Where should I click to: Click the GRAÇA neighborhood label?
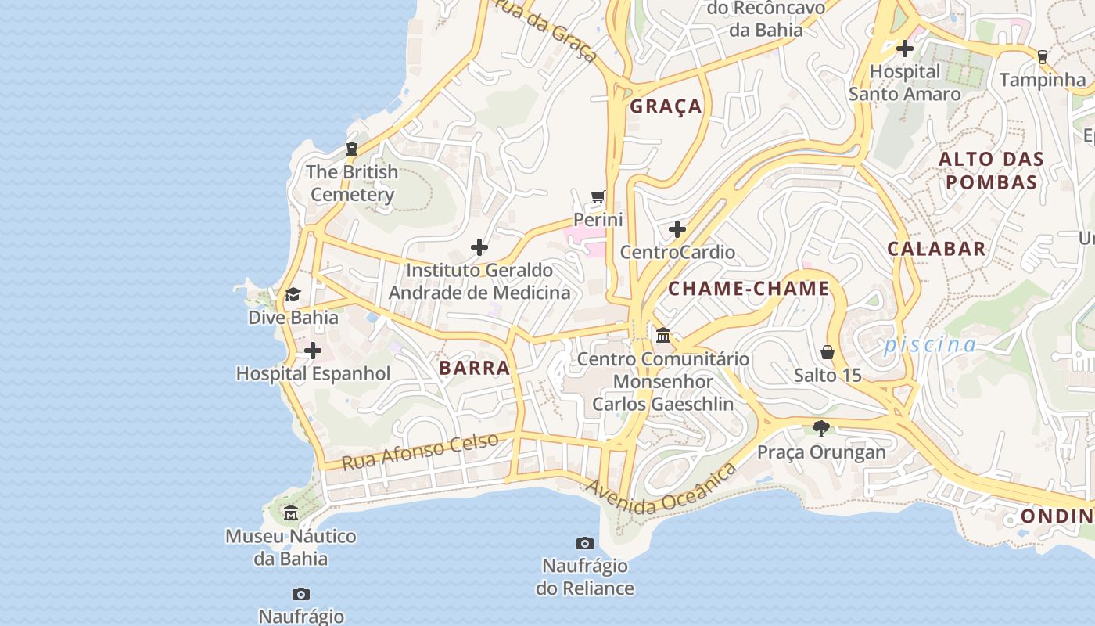pos(666,106)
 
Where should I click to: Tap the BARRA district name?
pos(474,368)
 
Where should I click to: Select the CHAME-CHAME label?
pos(748,289)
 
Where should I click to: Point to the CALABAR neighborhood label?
pos(936,249)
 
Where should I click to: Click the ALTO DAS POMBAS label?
pos(991,171)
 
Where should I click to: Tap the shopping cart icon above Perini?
pos(598,196)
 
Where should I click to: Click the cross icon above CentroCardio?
pos(677,229)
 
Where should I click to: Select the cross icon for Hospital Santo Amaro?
pos(905,49)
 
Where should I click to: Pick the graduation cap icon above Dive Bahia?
pos(293,294)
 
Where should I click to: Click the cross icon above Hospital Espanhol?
pos(313,351)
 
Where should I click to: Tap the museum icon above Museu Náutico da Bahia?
pos(291,513)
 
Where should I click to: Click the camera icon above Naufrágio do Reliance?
pos(585,543)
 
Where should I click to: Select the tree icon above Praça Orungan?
pos(820,428)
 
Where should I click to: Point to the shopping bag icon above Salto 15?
pos(828,352)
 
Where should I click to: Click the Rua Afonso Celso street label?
pos(421,451)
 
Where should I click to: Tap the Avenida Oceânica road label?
pos(662,489)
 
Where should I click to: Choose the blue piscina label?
pos(930,345)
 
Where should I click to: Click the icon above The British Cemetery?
pos(352,149)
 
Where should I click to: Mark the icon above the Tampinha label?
pos(1042,56)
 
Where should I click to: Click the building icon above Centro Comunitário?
pos(663,335)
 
